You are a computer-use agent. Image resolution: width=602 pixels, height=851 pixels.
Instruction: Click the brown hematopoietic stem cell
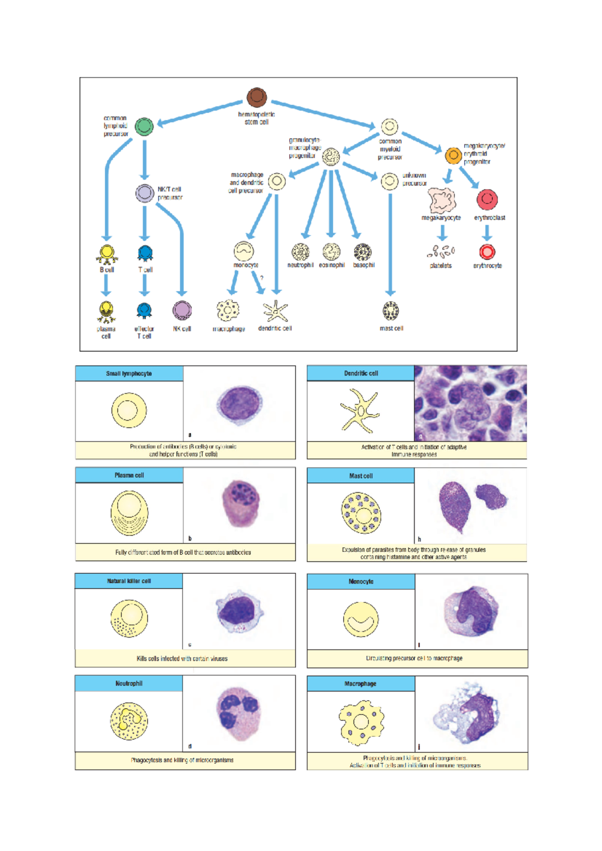256,97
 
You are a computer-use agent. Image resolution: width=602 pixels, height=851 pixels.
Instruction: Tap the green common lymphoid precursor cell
144,126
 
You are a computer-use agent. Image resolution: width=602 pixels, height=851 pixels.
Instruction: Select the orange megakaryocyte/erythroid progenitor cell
453,155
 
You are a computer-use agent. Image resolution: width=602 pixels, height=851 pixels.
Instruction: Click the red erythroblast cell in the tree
487,199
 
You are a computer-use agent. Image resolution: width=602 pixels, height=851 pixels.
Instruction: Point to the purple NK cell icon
182,310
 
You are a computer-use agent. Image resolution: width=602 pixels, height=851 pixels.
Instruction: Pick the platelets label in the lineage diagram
440,266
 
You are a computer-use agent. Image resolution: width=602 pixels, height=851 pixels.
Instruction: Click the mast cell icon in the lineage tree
390,311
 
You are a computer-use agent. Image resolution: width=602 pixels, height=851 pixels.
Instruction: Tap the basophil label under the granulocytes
364,265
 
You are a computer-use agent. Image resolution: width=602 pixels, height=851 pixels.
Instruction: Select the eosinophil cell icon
331,252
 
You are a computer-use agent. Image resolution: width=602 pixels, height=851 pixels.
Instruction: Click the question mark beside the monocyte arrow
261,278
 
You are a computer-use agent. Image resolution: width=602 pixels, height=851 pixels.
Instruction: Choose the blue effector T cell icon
144,311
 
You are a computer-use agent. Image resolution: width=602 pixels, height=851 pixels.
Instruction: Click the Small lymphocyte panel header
129,373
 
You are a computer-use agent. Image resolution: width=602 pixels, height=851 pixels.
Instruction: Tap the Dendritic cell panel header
361,373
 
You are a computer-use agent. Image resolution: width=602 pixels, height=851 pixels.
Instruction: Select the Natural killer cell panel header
129,581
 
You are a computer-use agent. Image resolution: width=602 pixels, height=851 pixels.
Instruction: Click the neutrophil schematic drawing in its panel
129,721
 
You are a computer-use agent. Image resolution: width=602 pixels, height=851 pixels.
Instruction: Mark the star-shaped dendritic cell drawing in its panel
360,411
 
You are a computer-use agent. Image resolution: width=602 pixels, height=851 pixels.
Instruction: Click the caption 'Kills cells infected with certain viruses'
182,659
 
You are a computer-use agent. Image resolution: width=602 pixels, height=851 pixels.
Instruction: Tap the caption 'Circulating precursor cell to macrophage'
414,658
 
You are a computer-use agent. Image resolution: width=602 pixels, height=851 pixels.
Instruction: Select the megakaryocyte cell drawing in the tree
441,200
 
